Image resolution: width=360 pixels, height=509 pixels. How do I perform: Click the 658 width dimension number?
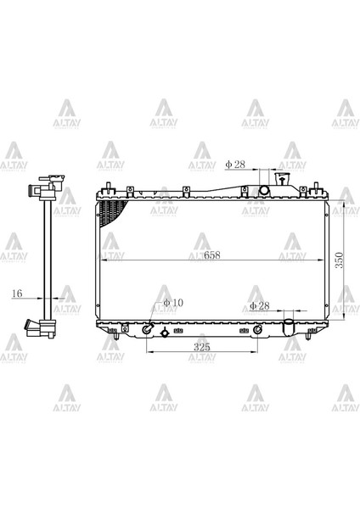(212, 255)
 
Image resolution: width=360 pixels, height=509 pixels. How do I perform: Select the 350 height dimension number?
(340, 260)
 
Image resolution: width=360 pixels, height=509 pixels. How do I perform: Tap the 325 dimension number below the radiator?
(202, 347)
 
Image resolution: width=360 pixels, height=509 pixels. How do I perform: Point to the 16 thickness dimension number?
(17, 294)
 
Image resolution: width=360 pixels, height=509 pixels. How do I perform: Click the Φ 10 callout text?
(173, 303)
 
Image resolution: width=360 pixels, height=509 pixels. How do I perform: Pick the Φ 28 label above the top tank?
(235, 165)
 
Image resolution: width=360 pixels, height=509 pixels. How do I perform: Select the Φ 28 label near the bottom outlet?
(260, 305)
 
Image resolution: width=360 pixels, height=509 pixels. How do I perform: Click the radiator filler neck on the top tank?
(282, 179)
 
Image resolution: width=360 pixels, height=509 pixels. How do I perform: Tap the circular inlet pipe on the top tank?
(264, 190)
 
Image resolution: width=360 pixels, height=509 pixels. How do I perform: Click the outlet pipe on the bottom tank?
(289, 327)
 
